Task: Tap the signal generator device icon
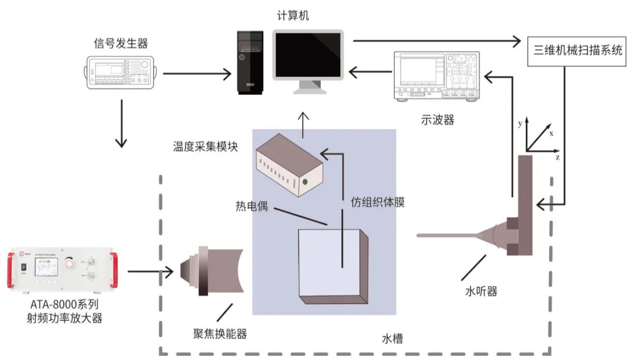(x=120, y=73)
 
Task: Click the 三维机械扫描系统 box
(x=577, y=49)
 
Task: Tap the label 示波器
(x=437, y=120)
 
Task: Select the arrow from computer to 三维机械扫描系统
(x=436, y=41)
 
